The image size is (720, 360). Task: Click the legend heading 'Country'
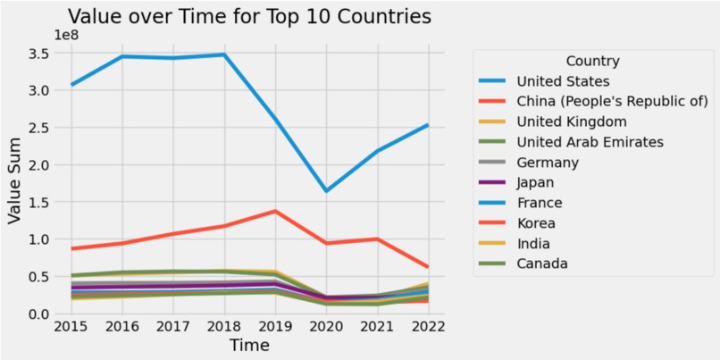[592, 61]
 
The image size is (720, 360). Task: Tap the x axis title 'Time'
[249, 345]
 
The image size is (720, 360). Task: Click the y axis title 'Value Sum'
[15, 182]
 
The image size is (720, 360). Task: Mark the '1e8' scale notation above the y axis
[67, 36]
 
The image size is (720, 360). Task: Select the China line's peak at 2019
[276, 211]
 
